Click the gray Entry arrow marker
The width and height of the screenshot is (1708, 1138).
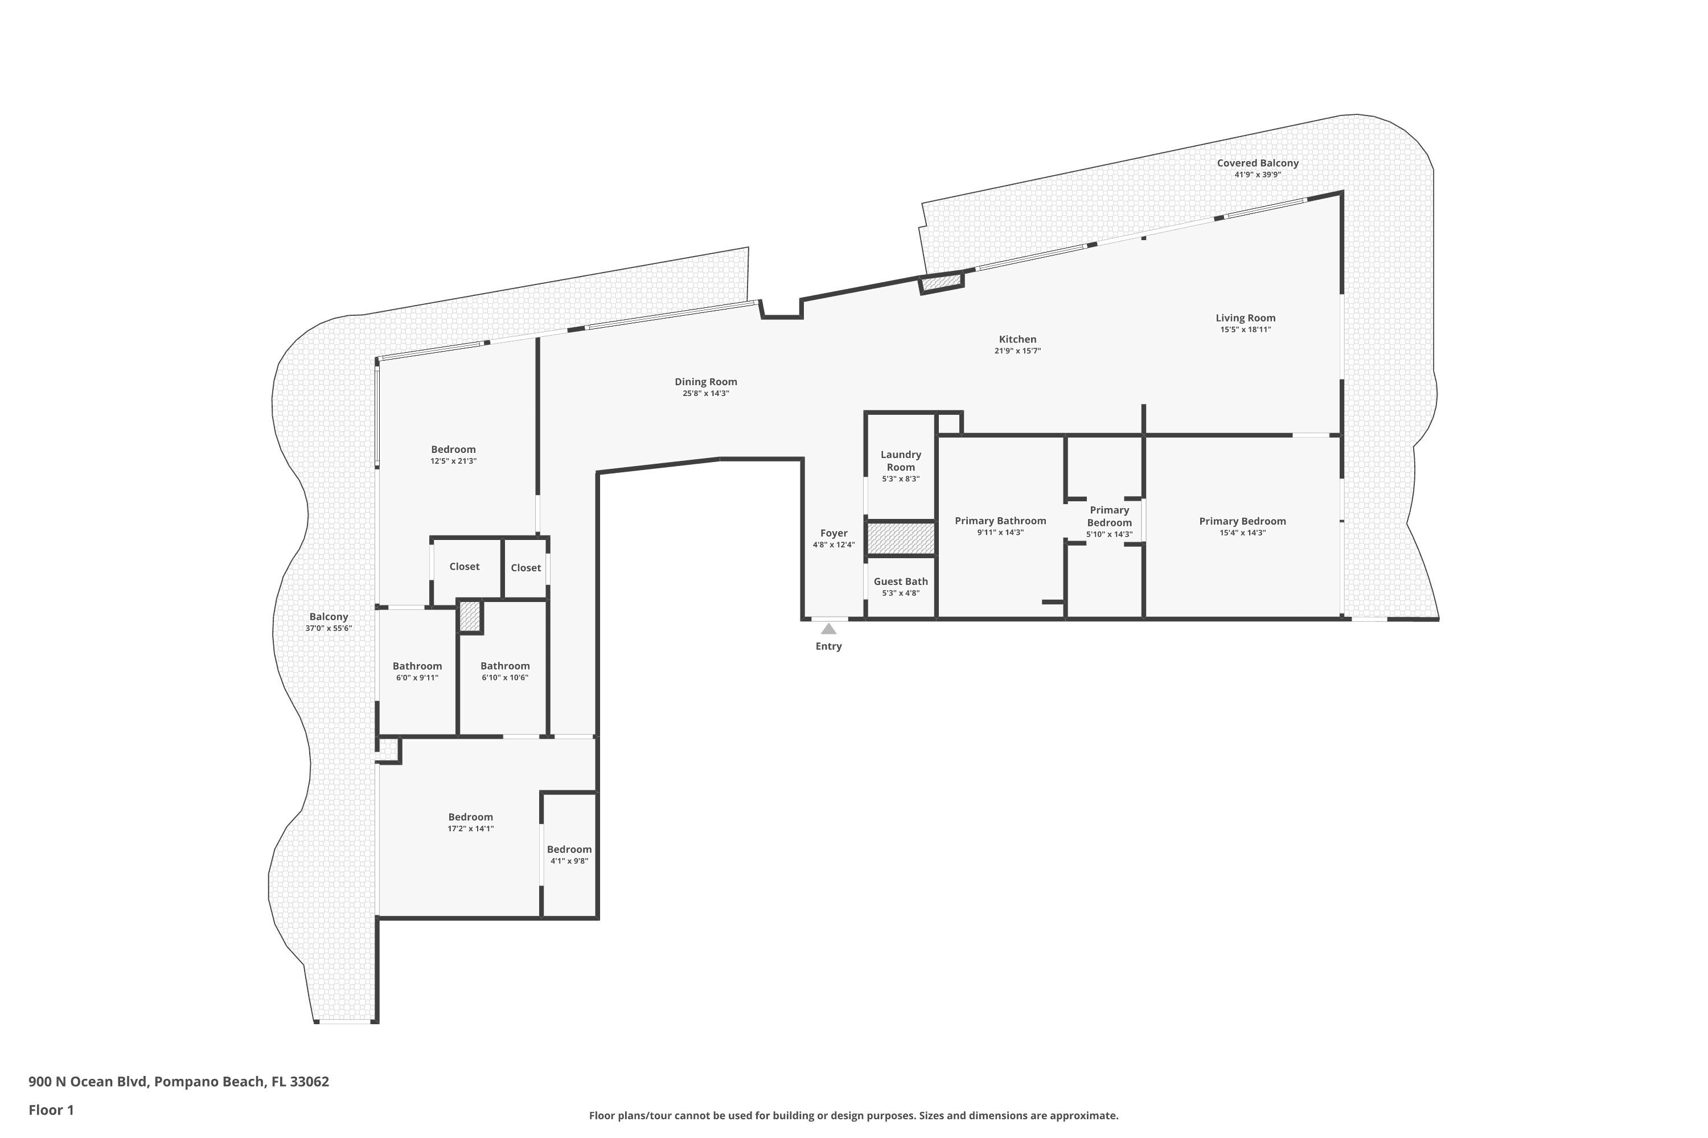point(828,629)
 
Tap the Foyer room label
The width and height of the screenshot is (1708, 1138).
point(834,533)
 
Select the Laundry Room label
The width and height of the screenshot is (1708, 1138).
point(901,461)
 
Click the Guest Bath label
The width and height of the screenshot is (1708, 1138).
point(901,582)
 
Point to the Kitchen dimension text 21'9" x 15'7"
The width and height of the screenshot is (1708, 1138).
point(1017,351)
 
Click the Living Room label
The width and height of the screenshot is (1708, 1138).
point(1246,318)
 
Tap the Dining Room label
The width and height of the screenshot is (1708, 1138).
point(706,382)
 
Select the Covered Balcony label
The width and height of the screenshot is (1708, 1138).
point(1258,163)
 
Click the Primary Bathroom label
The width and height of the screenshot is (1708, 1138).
point(1000,521)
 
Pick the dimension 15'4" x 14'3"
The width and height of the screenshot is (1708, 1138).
point(1242,533)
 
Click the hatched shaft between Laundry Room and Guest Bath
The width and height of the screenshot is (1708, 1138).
point(901,538)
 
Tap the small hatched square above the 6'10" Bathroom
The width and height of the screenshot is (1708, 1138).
point(470,616)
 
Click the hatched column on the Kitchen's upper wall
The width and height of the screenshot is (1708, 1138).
point(942,282)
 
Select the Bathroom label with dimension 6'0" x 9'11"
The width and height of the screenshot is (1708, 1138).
point(417,666)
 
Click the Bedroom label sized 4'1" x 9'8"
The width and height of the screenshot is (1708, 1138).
point(569,849)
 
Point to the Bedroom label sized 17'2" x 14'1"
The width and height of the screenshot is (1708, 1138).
point(471,817)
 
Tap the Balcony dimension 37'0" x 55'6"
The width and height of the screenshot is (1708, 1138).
point(329,629)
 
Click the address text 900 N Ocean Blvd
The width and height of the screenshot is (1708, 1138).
point(89,1082)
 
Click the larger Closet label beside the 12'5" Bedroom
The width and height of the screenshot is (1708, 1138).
point(464,567)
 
